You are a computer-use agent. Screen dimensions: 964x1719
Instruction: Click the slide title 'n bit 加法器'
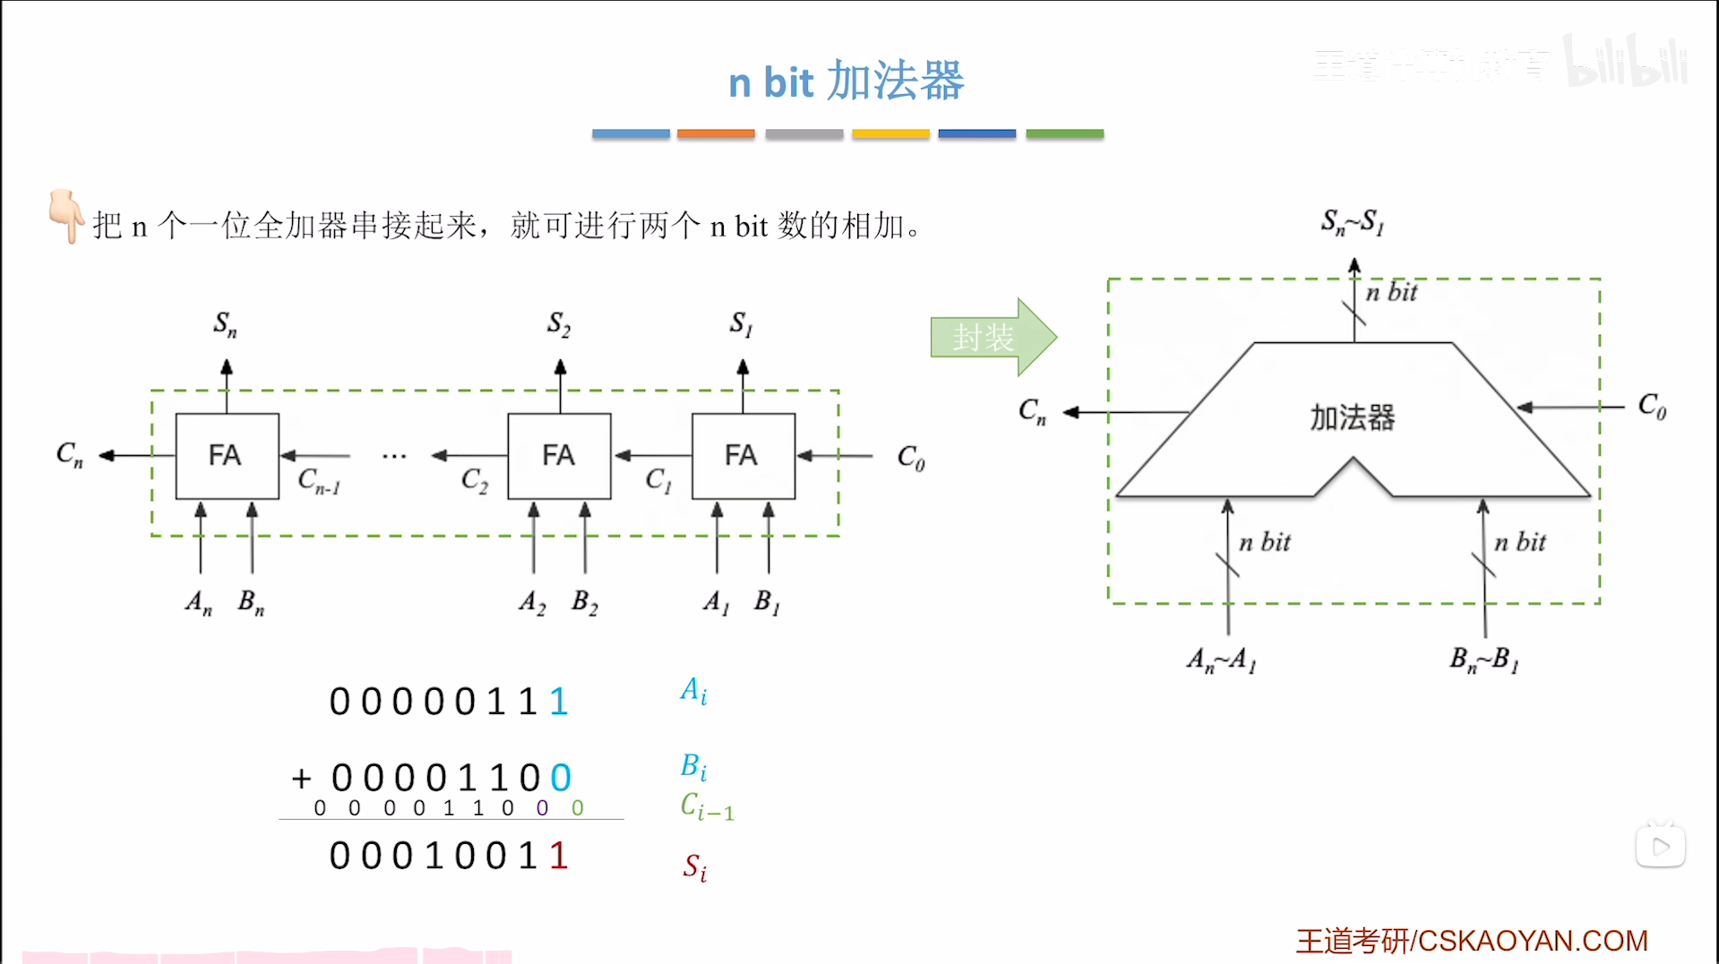point(846,82)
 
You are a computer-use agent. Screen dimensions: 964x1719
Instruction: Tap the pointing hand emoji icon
point(65,215)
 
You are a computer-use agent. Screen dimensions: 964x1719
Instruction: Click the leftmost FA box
point(227,456)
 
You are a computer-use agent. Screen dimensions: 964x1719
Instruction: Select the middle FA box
point(559,456)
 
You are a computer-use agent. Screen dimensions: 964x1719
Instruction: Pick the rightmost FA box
point(743,456)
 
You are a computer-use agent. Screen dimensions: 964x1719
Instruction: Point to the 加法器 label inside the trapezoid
point(1352,417)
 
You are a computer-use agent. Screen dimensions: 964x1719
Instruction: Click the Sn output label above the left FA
point(225,324)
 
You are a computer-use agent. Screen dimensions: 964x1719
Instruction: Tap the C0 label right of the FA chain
point(910,458)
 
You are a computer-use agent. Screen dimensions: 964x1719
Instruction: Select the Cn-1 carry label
point(319,481)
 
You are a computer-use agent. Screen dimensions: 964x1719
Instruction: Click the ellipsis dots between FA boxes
point(394,457)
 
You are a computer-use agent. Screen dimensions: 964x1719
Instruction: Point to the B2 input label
point(584,602)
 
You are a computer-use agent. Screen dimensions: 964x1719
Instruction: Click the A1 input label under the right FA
point(716,602)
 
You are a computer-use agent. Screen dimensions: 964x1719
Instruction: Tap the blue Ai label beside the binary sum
point(693,691)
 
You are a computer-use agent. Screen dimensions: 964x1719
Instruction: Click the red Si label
point(694,867)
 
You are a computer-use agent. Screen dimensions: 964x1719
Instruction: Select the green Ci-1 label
point(707,806)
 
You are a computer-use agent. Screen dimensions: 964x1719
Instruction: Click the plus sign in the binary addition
point(301,779)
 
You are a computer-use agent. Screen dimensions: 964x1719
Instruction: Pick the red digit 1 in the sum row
point(559,856)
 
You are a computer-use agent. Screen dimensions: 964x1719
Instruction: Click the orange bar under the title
point(716,133)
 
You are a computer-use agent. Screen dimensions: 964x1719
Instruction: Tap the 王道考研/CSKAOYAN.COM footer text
point(1471,941)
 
